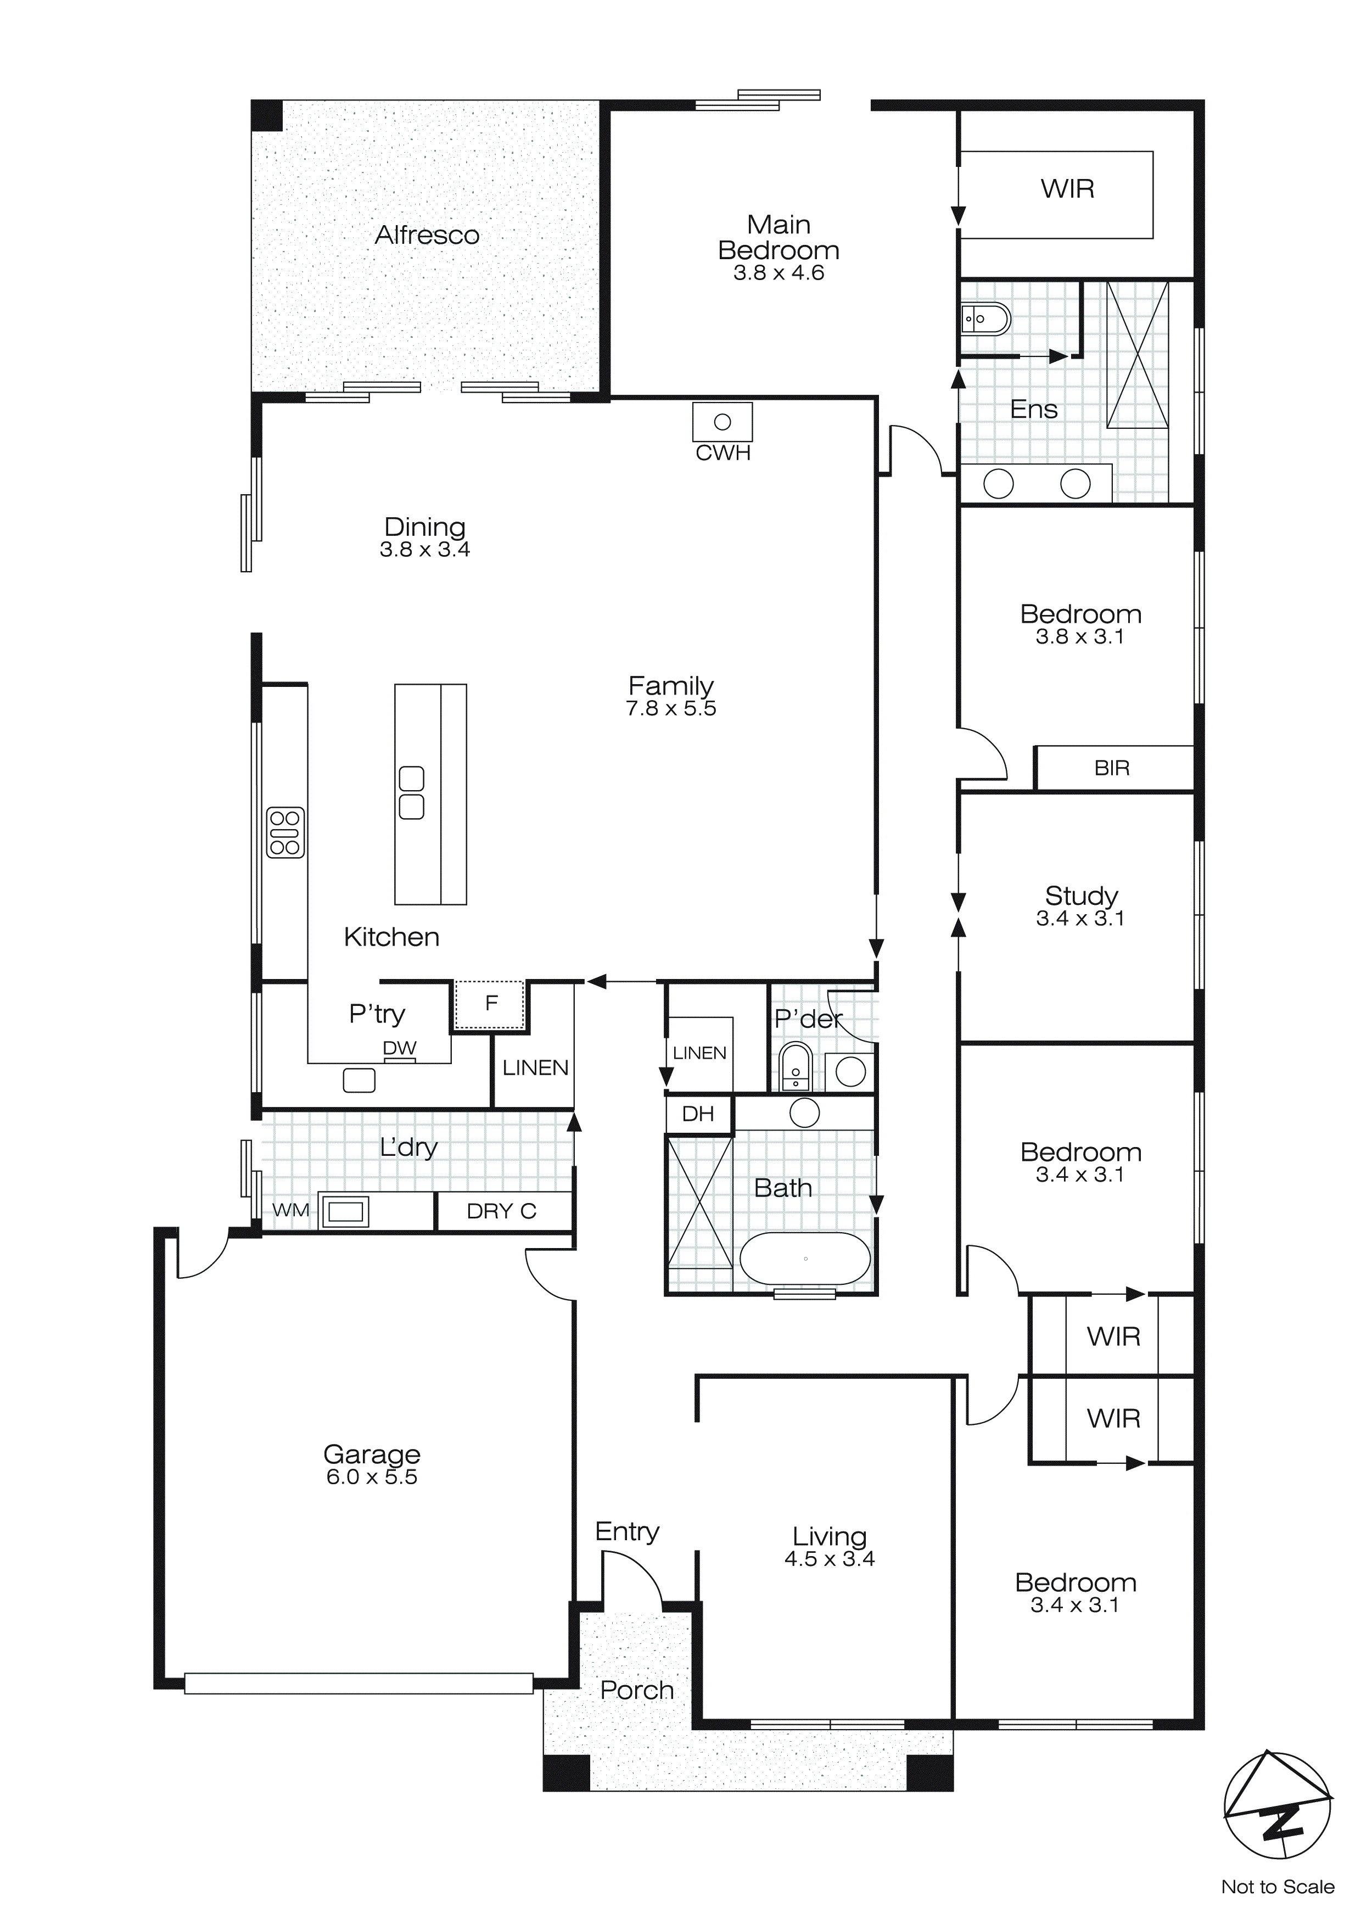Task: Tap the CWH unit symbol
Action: pyautogui.click(x=722, y=422)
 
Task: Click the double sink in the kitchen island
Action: pyautogui.click(x=412, y=793)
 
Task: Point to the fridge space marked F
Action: pyautogui.click(x=491, y=1003)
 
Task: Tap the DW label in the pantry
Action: pyautogui.click(x=400, y=1048)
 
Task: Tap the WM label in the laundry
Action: pyautogui.click(x=291, y=1210)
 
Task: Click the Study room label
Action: pyautogui.click(x=1081, y=895)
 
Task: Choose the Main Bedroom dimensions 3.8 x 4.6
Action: pyautogui.click(x=778, y=273)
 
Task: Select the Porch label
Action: pyautogui.click(x=637, y=1690)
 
